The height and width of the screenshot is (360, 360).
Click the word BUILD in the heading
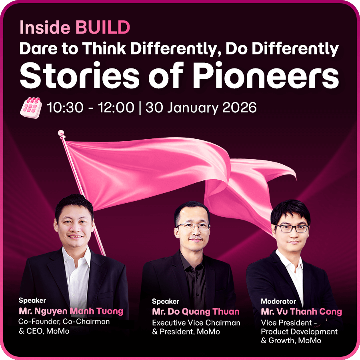tap(103, 27)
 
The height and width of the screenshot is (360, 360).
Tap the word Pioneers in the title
tap(266, 75)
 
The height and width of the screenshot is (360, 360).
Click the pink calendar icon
tap(31, 108)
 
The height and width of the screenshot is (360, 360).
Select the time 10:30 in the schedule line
tap(65, 108)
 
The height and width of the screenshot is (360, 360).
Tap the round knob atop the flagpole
tap(61, 133)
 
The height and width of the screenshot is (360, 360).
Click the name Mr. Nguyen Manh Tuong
tap(71, 311)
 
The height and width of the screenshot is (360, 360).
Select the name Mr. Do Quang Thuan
tap(196, 312)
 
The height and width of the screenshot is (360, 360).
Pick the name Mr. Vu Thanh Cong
tap(302, 312)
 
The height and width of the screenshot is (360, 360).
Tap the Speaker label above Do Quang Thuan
tap(166, 301)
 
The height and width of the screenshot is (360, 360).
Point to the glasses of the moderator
tap(292, 228)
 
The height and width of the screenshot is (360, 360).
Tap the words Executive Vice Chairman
tap(196, 322)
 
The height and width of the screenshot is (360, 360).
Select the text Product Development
tap(299, 332)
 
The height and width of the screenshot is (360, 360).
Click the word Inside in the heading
tap(45, 27)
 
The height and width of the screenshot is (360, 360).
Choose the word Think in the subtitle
tap(104, 48)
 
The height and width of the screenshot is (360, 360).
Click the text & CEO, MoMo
tap(44, 331)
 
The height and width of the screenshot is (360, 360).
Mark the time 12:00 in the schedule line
tap(116, 108)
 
